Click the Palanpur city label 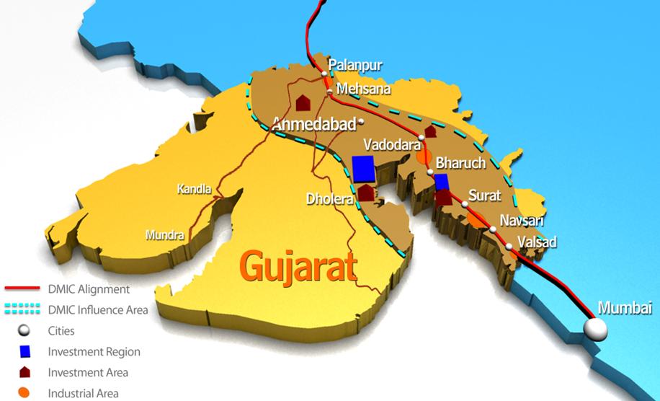(355, 66)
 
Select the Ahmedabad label (313, 124)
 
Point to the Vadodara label (392, 144)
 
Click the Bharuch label (460, 164)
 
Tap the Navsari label (522, 221)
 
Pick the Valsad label (538, 242)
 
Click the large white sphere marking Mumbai (595, 330)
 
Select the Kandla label (195, 190)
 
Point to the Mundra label (164, 234)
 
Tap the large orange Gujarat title (298, 266)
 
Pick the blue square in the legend (25, 352)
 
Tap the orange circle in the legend (25, 393)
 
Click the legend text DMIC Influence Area (98, 310)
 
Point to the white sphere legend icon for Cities (25, 331)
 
